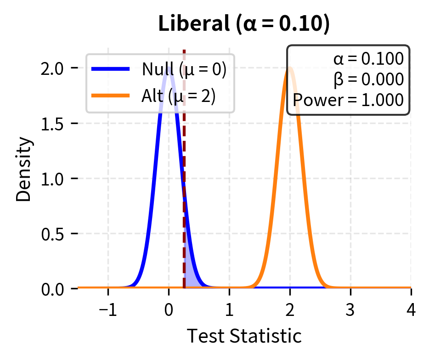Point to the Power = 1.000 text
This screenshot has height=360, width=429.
pos(349,100)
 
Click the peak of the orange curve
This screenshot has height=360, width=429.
pos(290,68)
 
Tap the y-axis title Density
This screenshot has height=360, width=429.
pos(25,169)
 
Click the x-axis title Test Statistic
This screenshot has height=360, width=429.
pos(244,336)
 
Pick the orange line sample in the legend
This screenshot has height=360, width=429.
pos(110,96)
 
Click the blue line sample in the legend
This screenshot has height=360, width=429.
pos(110,69)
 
